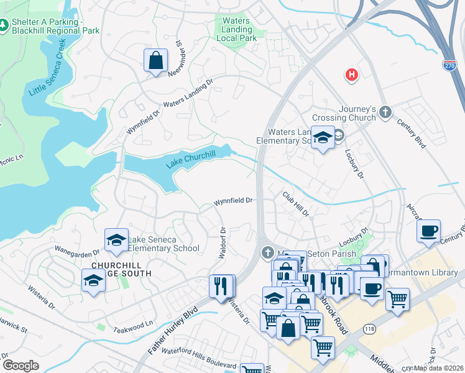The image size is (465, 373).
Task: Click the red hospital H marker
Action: click(352, 75)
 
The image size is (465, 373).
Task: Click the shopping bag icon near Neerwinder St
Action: click(155, 60)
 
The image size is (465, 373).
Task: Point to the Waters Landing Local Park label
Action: click(236, 29)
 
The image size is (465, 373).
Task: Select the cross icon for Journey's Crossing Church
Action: click(385, 112)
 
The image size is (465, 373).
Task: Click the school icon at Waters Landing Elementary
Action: click(323, 138)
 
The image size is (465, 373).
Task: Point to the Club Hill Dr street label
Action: click(296, 203)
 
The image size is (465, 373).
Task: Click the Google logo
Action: click(21, 366)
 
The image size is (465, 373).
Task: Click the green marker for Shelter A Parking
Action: click(4, 25)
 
